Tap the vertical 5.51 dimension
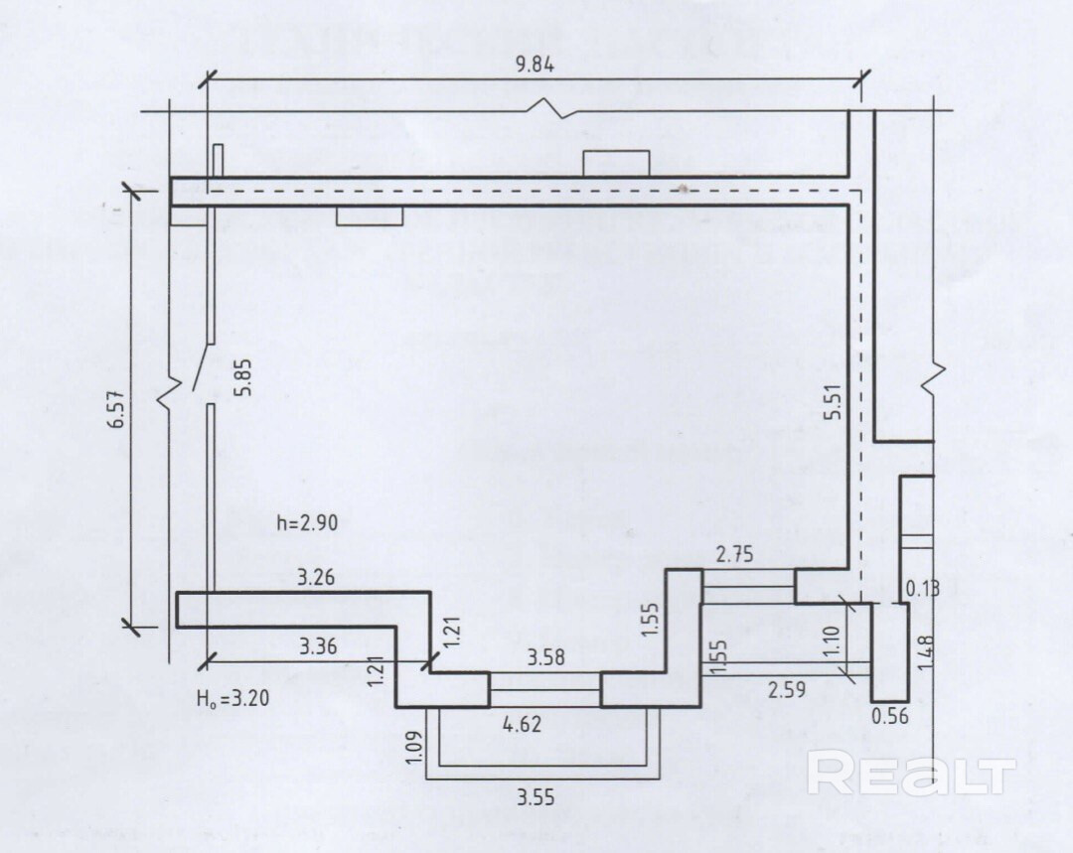coord(835,395)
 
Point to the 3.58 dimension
coord(545,657)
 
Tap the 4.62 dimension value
coord(521,724)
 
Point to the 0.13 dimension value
coord(922,588)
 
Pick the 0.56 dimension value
coord(889,715)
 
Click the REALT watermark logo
coord(910,774)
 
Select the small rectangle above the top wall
coord(616,163)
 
